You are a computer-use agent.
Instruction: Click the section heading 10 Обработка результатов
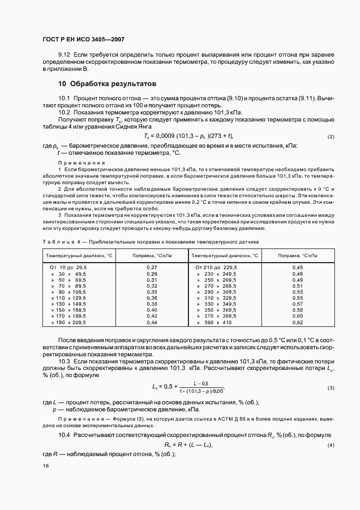107,84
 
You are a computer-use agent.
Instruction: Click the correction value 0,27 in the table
152,268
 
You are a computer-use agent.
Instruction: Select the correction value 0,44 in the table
152,323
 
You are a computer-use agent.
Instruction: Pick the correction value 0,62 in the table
297,323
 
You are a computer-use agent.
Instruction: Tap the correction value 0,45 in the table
297,268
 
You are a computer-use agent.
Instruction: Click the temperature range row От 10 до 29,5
68,268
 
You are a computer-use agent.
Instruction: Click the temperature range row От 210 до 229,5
216,268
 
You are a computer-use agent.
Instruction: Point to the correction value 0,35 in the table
152,292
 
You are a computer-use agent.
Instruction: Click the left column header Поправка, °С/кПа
152,255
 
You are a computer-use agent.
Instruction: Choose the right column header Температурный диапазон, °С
224,255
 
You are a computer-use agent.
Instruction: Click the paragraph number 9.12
64,56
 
